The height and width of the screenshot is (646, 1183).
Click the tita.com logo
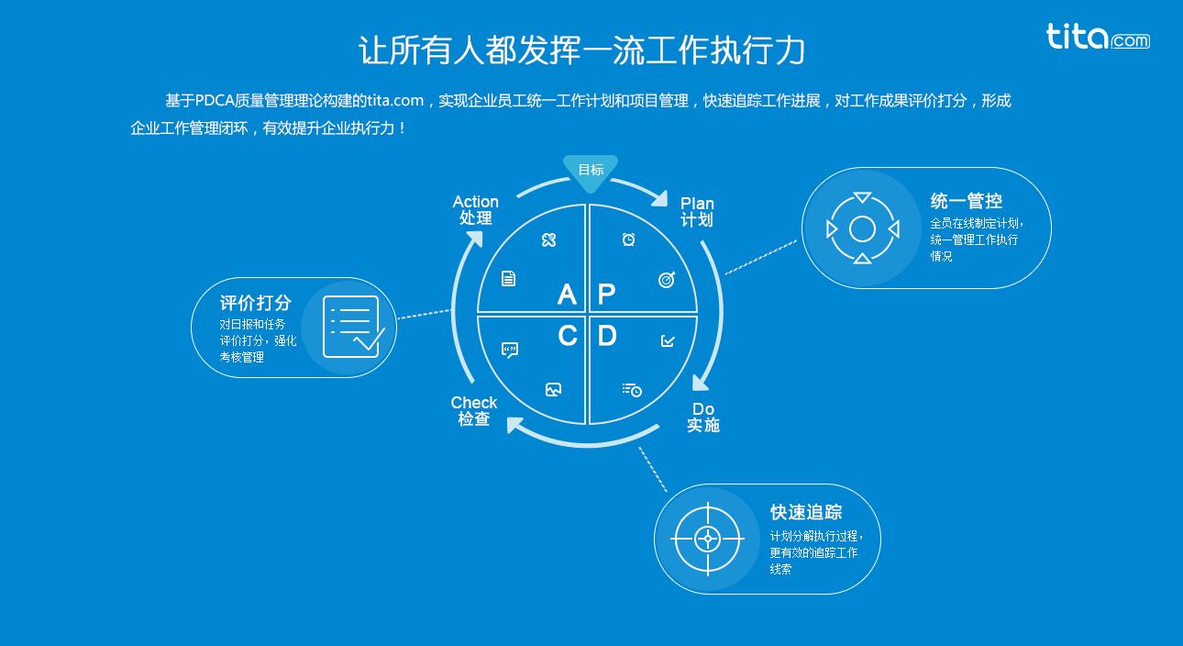(1097, 37)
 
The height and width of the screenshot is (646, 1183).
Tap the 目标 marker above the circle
(591, 171)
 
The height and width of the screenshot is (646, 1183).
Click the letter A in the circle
(567, 294)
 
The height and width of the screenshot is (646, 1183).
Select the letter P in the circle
(606, 294)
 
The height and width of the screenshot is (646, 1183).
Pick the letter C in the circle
(567, 337)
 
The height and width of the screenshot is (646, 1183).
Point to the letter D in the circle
(607, 337)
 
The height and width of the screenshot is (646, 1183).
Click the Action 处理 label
(476, 210)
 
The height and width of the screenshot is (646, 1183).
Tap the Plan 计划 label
(697, 212)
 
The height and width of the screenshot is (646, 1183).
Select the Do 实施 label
(703, 418)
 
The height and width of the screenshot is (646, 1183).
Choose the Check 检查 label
(474, 411)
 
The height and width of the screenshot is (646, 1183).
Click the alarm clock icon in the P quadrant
(629, 239)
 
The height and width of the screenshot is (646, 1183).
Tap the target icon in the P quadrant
(667, 280)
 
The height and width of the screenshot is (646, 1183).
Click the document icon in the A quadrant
(509, 278)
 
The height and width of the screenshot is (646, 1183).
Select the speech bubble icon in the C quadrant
(510, 350)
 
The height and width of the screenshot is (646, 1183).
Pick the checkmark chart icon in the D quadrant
(668, 340)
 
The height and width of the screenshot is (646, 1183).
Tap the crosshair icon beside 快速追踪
(707, 539)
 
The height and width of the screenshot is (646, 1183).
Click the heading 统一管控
(966, 201)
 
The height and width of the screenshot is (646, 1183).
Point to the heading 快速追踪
(806, 512)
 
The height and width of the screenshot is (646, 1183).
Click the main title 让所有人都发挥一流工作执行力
(581, 50)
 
